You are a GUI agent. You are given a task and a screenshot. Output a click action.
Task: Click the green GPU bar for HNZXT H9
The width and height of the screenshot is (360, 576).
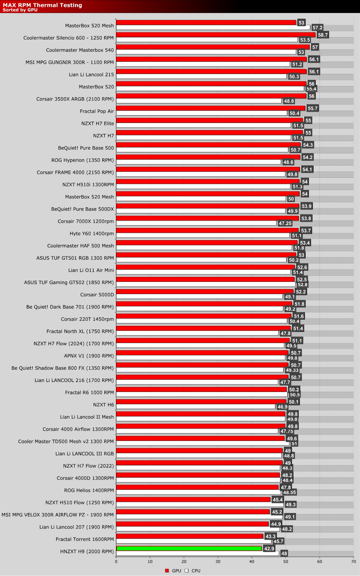[x=189, y=548]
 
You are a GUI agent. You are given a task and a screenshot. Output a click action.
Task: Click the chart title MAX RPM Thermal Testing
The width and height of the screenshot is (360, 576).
[x=42, y=5]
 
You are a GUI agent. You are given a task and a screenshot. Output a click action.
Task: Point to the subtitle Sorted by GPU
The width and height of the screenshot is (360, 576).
[x=20, y=10]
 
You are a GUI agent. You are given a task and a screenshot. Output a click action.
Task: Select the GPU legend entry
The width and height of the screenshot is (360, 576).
[x=173, y=571]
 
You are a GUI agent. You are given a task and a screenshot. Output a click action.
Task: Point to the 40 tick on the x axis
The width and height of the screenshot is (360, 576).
[x=252, y=561]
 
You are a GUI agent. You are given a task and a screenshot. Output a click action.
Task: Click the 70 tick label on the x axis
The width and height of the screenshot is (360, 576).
[x=354, y=561]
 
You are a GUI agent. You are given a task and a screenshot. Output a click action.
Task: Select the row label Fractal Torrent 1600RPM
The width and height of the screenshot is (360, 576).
[x=85, y=539]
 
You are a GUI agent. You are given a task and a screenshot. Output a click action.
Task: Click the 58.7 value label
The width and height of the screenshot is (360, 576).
[x=323, y=35]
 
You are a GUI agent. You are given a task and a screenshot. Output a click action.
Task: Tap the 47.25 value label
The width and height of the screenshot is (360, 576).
[x=285, y=224]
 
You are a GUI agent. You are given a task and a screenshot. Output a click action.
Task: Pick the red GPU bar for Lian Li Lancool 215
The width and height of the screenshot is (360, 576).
[x=211, y=71]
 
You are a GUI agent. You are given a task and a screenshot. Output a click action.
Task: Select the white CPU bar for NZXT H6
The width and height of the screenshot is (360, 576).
[x=195, y=406]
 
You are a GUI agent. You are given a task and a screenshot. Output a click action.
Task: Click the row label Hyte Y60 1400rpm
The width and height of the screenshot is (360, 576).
[x=91, y=233]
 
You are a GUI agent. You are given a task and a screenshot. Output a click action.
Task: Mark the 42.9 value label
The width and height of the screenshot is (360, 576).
[x=269, y=549]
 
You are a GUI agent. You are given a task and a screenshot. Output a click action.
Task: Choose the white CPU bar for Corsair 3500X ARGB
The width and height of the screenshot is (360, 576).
[x=199, y=101]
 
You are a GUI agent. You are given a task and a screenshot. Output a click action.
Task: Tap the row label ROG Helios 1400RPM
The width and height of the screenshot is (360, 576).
[x=89, y=490]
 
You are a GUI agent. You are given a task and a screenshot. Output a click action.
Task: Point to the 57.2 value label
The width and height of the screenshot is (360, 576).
[x=317, y=28]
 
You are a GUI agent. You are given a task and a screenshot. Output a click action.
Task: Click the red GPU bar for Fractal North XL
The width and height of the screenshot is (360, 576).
[x=203, y=328]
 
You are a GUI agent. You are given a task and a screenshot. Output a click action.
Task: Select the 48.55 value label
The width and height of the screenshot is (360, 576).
[x=289, y=492]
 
